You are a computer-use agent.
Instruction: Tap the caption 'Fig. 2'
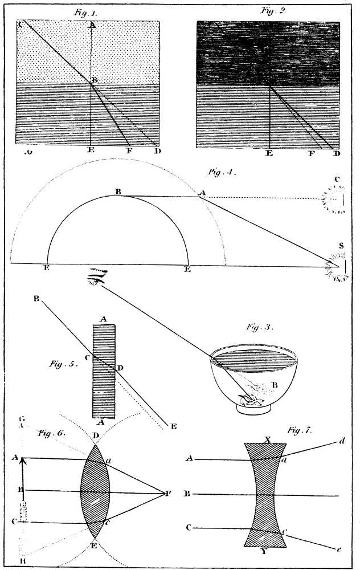click(x=273, y=10)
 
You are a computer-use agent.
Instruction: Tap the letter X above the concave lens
click(x=267, y=440)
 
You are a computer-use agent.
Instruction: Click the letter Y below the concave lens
click(x=268, y=551)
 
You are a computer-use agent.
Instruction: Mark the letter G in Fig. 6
click(x=22, y=420)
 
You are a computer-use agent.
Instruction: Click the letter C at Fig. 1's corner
click(x=21, y=24)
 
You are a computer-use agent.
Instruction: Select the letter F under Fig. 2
click(x=311, y=154)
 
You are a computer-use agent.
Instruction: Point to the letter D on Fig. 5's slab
click(x=120, y=368)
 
